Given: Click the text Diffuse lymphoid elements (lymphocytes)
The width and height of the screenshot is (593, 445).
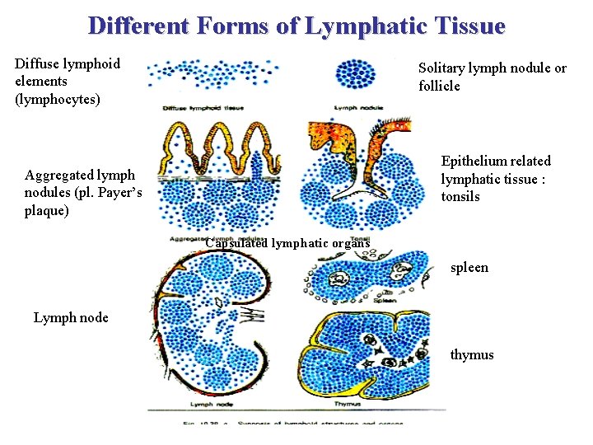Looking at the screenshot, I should tap(68, 81).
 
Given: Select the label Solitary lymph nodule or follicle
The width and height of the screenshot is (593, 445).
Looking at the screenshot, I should tap(492, 77).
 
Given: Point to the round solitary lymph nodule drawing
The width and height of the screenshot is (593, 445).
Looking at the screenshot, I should tap(355, 73).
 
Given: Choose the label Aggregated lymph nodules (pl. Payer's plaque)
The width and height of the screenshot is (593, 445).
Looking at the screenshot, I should tap(83, 193).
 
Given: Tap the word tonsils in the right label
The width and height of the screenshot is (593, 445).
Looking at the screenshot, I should tap(460, 196).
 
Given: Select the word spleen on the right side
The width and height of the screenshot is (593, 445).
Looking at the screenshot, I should tap(469, 267).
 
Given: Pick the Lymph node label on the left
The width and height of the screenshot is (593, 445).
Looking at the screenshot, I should tap(71, 317).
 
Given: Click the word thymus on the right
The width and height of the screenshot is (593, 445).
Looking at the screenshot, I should tap(472, 354).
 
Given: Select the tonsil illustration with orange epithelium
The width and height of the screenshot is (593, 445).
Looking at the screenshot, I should tap(354, 177).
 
